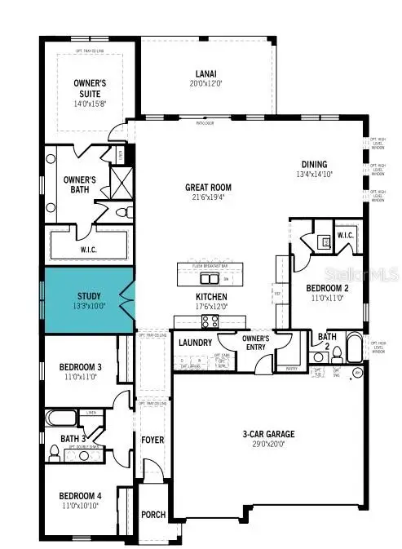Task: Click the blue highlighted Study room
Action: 87,299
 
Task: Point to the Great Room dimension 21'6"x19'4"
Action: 209,196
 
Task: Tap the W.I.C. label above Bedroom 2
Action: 346,236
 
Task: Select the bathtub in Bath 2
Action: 356,349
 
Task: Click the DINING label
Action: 325,163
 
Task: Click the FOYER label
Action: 152,441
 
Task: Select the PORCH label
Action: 152,515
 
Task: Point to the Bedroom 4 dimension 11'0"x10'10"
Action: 82,506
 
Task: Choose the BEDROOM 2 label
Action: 329,289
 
